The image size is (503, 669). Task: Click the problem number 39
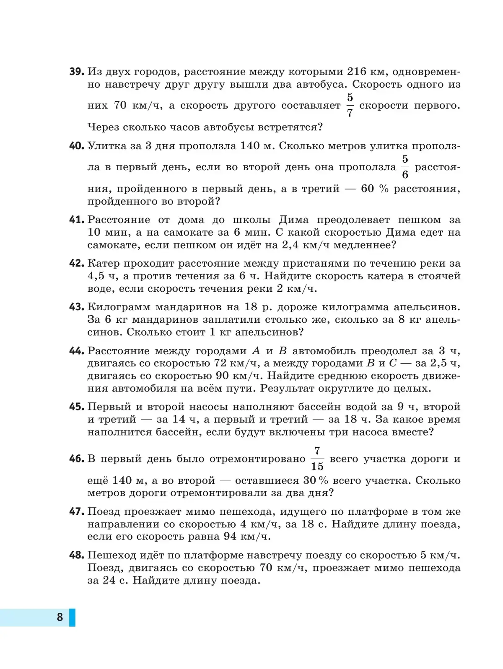pos(77,72)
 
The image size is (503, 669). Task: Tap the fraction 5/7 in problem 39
pos(350,105)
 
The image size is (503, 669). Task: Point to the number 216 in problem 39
pos(358,72)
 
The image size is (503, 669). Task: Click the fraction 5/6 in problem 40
pos(405,167)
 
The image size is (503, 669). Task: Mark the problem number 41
pos(77,220)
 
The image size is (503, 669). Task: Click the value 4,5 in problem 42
pos(97,276)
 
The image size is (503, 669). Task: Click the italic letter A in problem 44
pos(256,350)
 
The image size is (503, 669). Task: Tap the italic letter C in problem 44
pos(392,363)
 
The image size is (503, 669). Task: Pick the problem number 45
pos(77,407)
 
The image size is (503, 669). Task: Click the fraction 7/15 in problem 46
pos(317,459)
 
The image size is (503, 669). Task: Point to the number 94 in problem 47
pos(241,537)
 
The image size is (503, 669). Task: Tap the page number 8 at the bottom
pos(60,617)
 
